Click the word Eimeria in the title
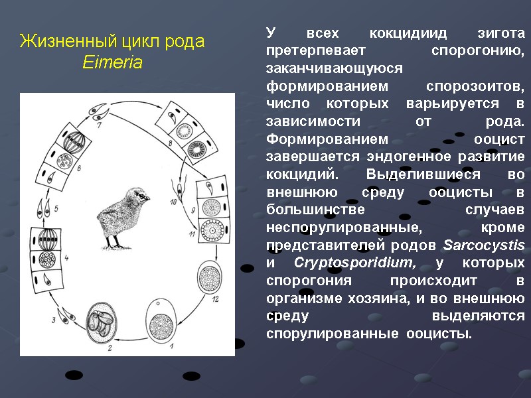coord(112,63)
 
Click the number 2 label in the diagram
coord(110,346)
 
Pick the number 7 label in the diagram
coord(98,124)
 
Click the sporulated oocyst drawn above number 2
coord(106,322)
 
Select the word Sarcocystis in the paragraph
coord(483,246)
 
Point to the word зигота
coord(501,33)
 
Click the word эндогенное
coord(382,158)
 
